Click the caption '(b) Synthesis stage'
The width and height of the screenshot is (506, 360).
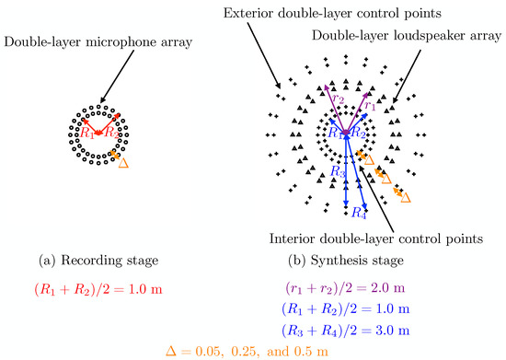(344, 260)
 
